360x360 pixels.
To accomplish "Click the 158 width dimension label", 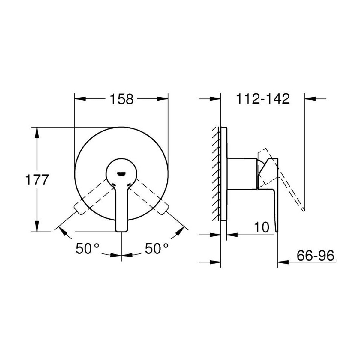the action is (121, 99).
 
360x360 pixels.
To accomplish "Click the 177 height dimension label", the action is (37, 180).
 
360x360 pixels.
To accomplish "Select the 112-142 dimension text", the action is (263, 99).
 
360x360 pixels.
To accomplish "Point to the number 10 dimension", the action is (262, 227).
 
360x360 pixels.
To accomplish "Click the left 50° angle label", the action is (87, 248).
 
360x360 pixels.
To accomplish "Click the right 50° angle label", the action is (157, 248).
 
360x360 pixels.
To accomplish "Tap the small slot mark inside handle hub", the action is (121, 174).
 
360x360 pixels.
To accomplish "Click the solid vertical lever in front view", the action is (121, 209).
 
